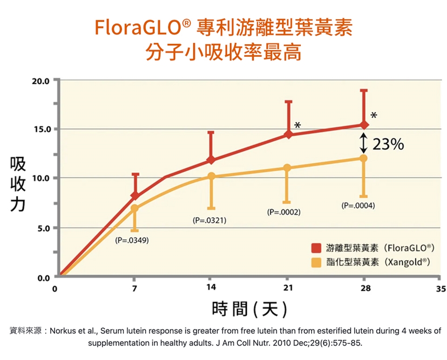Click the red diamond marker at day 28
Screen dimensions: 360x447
364,125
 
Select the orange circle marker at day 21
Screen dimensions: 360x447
287,168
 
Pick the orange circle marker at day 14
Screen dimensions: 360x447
211,176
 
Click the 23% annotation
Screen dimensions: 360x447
388,145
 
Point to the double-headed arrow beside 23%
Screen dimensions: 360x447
364,143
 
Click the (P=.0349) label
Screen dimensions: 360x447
132,240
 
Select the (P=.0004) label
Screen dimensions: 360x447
358,205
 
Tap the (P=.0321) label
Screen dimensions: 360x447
210,220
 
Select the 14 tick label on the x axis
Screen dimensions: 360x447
211,287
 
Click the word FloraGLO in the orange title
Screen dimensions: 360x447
137,28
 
